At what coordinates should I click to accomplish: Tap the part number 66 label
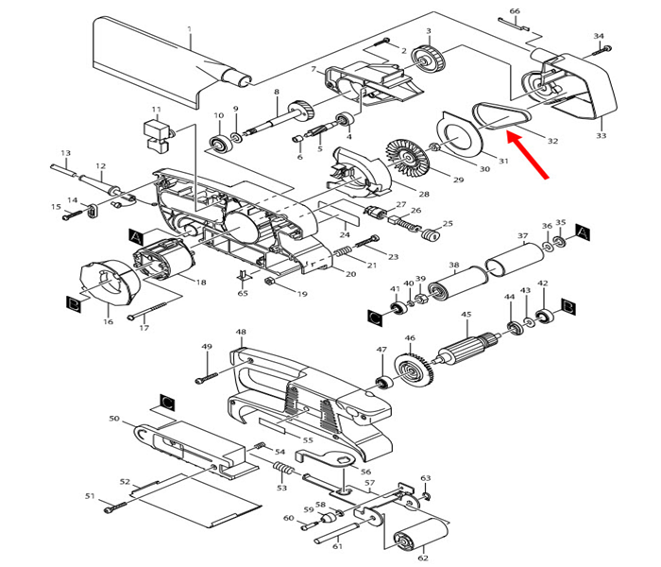(514, 11)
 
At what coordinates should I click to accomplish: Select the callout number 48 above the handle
(241, 332)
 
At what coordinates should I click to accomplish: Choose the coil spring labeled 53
(280, 470)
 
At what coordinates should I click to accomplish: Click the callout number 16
(108, 322)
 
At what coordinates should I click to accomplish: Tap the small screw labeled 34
(604, 48)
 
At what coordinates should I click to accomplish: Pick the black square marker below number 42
(569, 305)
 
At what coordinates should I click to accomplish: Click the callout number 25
(448, 224)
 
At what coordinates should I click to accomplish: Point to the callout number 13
(65, 153)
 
